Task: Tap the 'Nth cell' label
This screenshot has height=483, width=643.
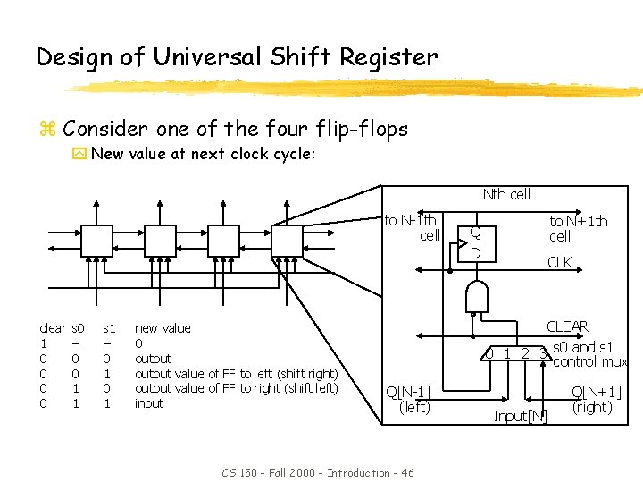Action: (x=506, y=195)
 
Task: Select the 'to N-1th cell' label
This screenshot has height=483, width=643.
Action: (x=412, y=228)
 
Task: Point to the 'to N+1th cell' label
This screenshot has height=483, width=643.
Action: (x=578, y=228)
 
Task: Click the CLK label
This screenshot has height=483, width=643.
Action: (x=560, y=263)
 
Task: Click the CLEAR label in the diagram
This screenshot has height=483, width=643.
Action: (x=567, y=327)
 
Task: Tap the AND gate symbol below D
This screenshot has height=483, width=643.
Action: (x=478, y=295)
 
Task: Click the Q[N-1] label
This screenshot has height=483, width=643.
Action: (x=407, y=392)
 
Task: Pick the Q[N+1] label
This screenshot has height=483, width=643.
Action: (x=597, y=392)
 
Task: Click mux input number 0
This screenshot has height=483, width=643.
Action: (x=488, y=353)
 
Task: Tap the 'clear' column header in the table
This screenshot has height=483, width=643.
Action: (x=53, y=329)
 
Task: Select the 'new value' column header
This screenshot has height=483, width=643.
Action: (x=163, y=329)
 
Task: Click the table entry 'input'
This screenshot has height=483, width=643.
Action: (x=149, y=403)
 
